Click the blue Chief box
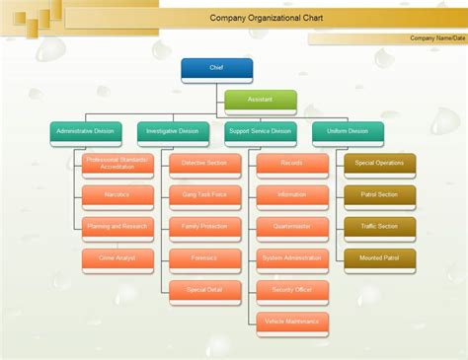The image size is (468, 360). coord(217,68)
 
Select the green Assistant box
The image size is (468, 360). coord(261,100)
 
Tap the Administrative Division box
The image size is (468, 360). coord(87,131)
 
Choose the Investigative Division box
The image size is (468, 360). coord(174,131)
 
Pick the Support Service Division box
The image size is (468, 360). coord(260,131)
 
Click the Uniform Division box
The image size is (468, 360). coord(345,131)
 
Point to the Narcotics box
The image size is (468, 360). coord(117,195)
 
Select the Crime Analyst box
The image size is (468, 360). coord(117,258)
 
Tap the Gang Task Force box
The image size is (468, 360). coord(204,195)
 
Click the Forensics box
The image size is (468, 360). coord(204,258)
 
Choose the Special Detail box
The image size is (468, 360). coord(204,290)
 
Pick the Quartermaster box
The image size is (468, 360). coord(291,227)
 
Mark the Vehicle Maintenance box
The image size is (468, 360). coord(291,322)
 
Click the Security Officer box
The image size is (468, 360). coord(291,290)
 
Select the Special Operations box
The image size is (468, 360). coord(379,164)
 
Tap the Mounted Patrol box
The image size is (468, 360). coord(379,258)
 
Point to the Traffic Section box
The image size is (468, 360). coord(379,227)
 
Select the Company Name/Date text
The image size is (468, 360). coord(437,38)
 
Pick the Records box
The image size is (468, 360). coord(291,164)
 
